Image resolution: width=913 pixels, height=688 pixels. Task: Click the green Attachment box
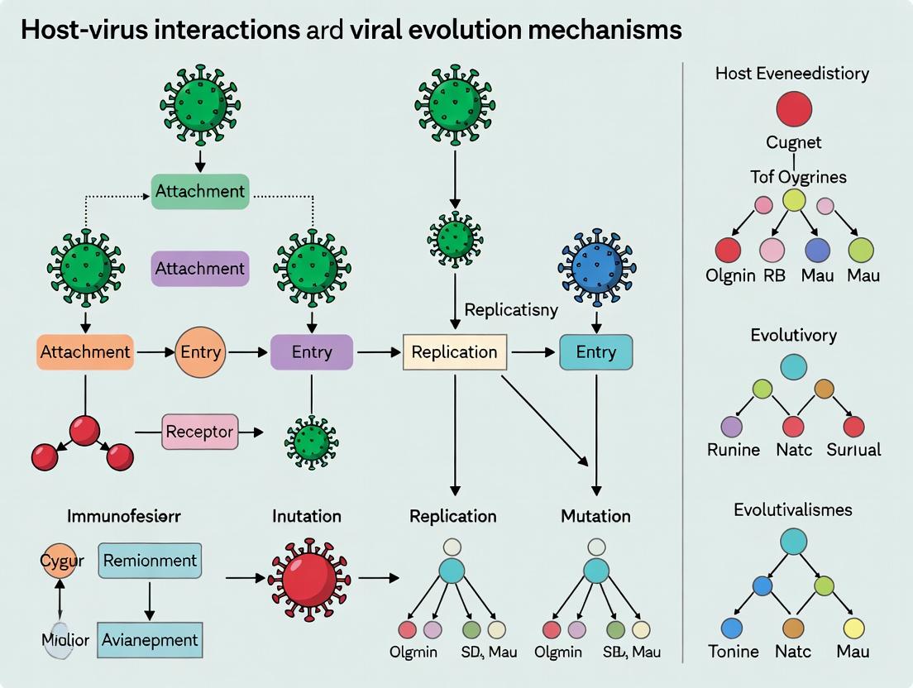coord(200,191)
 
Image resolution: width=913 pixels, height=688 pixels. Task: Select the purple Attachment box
coord(200,269)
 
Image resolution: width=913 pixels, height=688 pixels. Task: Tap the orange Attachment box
coord(84,351)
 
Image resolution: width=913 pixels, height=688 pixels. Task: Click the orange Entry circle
coord(201,351)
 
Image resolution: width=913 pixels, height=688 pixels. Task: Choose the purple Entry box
coord(312,351)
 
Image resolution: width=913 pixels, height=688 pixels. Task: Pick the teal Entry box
coord(595,351)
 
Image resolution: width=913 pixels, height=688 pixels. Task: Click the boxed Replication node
coord(454,351)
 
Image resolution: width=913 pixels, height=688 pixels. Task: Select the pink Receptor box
coord(199,431)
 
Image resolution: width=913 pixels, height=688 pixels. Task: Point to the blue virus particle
coord(596,267)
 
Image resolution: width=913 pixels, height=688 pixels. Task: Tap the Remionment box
coord(150,560)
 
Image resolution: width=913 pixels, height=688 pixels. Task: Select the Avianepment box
coord(150,639)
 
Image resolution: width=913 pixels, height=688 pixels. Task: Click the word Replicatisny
coord(511,310)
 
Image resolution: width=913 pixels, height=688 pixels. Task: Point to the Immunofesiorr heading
coord(124,516)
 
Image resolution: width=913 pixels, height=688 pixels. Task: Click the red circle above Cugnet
coord(793,108)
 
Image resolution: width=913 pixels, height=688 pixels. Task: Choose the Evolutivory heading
coord(793,335)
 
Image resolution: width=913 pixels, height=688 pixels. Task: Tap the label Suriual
coord(853,450)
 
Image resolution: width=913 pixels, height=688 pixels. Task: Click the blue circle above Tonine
coord(731,628)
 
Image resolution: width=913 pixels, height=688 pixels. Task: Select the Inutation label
coord(307,516)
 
